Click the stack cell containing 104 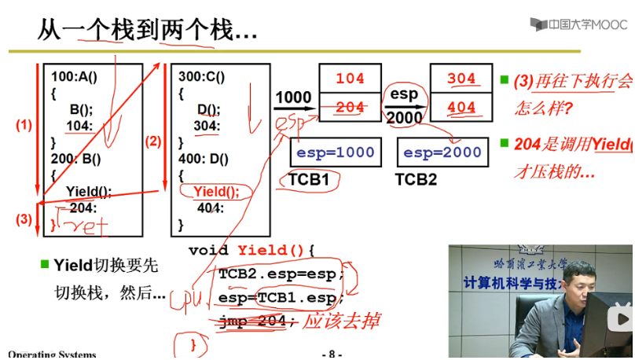[x=350, y=79]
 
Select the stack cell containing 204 [x=350, y=107]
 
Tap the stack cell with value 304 [x=461, y=79]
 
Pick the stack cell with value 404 [x=461, y=107]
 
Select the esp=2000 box [x=441, y=152]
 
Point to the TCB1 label [x=308, y=179]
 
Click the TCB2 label [x=416, y=179]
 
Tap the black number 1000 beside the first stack [x=293, y=97]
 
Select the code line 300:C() [x=201, y=77]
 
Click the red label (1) [x=24, y=125]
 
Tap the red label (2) [x=152, y=141]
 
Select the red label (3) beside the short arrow [x=24, y=219]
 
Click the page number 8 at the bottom [x=332, y=354]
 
